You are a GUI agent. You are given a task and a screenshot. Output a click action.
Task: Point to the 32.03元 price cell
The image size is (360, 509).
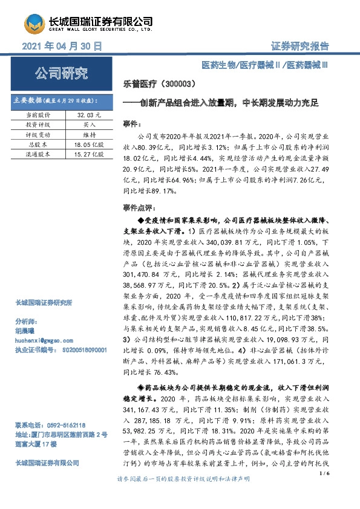[x=89, y=114]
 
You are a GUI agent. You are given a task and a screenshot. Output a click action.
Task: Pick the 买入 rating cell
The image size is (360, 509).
[x=89, y=125]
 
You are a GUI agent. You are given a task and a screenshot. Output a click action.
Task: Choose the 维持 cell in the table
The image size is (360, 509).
[x=89, y=135]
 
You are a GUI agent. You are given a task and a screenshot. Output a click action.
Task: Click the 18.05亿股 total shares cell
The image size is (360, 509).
[x=89, y=145]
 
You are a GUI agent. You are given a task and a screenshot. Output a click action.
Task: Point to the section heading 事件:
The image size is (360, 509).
[x=131, y=123]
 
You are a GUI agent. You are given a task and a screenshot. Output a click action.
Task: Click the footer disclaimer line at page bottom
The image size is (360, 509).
[x=183, y=495]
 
